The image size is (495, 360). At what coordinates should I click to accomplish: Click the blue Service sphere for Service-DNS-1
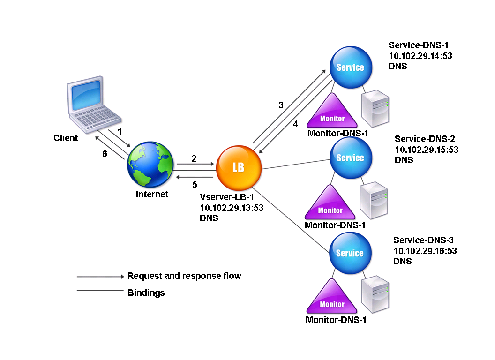click(x=350, y=67)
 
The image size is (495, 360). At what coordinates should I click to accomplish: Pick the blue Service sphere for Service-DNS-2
click(x=350, y=157)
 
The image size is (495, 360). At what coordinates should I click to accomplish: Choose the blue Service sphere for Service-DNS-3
click(x=350, y=253)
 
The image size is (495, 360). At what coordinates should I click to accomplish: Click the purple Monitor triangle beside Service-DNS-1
click(x=332, y=112)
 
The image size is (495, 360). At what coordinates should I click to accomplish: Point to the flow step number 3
click(x=281, y=105)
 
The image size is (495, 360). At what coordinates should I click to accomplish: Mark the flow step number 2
click(x=193, y=159)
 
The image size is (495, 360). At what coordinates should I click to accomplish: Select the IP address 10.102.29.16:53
click(x=425, y=251)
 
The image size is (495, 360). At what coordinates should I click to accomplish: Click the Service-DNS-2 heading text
click(x=425, y=139)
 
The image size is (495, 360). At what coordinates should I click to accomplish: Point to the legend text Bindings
click(x=146, y=292)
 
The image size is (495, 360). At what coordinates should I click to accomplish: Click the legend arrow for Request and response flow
click(x=100, y=277)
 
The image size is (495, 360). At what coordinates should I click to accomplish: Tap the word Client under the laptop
click(x=66, y=138)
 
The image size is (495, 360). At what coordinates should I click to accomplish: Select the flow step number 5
click(x=195, y=184)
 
